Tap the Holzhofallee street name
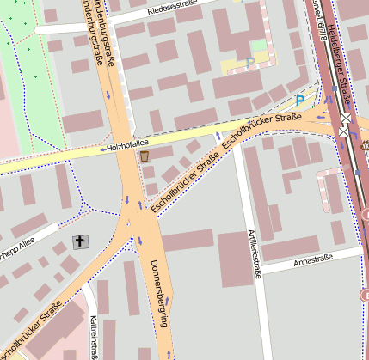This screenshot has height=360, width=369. coord(124,148)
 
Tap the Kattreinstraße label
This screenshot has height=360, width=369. coord(93,336)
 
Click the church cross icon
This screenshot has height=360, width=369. coord(81,241)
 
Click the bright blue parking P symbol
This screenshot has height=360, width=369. coord(299,101)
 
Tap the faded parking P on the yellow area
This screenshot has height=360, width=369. coord(249,62)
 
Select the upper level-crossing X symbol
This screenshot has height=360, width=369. coord(346,119)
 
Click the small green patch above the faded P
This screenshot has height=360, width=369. coord(259,45)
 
